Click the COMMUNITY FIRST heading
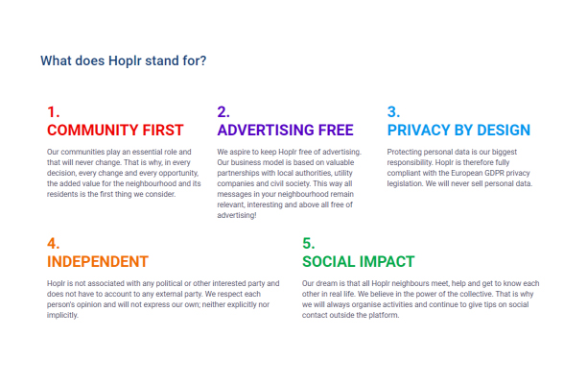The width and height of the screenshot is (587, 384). click(x=115, y=131)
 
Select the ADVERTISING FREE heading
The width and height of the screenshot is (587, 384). click(x=285, y=131)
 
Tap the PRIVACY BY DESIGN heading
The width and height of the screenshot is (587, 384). click(x=459, y=131)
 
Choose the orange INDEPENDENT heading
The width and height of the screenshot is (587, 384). click(x=98, y=262)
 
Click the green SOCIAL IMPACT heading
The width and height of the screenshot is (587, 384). click(x=359, y=262)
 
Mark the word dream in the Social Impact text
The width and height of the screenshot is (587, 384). click(x=327, y=283)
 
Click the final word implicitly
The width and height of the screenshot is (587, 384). click(x=62, y=316)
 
